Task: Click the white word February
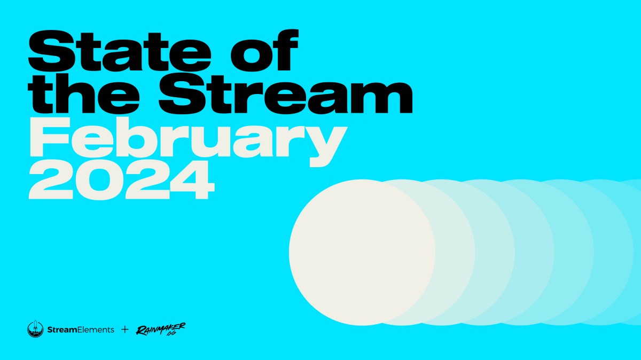[x=184, y=140]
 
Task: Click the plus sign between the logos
[x=125, y=330]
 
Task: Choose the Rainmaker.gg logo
[x=160, y=330]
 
